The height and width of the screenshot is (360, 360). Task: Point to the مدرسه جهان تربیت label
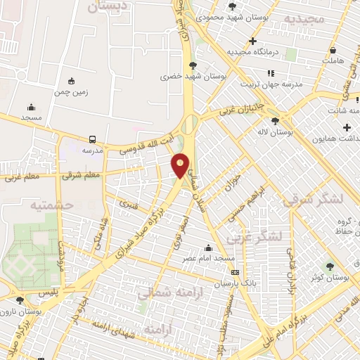pyautogui.click(x=271, y=84)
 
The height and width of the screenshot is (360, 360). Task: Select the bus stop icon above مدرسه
pyautogui.click(x=93, y=140)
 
